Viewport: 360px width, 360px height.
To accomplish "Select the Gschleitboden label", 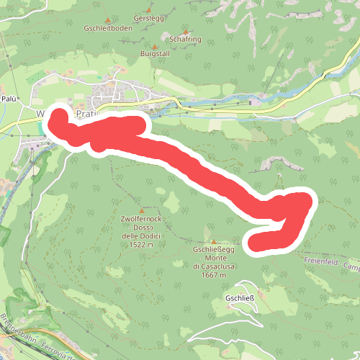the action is click(108, 30).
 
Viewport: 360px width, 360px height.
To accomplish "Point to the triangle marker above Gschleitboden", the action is click(108, 20).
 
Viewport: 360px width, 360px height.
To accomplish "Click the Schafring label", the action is click(185, 40).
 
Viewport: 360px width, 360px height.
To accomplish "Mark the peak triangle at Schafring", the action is click(185, 31).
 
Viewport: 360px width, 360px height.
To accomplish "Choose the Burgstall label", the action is click(154, 54).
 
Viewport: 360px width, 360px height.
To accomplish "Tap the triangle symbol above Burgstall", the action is click(154, 45).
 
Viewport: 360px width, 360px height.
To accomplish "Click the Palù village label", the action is click(9, 98).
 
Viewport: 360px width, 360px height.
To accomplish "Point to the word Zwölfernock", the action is click(140, 217).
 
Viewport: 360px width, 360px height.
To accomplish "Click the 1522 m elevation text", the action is click(140, 245).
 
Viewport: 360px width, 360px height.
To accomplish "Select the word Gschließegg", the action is click(213, 250).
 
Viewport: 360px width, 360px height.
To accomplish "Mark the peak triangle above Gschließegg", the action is click(213, 241).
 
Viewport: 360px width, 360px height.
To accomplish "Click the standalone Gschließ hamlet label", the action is click(240, 298).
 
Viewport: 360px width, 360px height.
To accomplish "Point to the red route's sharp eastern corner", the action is click(308, 200).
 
